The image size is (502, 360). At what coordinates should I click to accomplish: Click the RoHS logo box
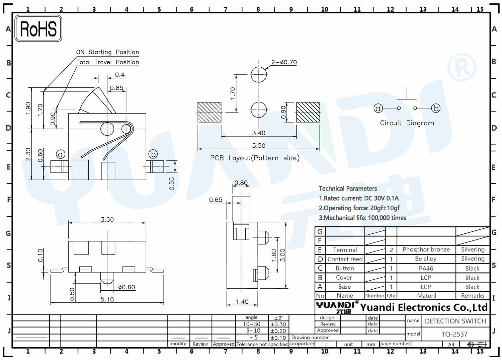pyautogui.click(x=38, y=28)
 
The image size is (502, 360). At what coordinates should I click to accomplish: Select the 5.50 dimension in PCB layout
pyautogui.click(x=259, y=146)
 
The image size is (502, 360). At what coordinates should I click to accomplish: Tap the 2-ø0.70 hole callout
pyautogui.click(x=284, y=62)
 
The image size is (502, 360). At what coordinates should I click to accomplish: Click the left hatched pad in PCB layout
pyautogui.click(x=209, y=112)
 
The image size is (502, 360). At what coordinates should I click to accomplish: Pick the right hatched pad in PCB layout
pyautogui.click(x=308, y=112)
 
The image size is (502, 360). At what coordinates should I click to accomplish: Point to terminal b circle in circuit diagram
pyautogui.click(x=436, y=108)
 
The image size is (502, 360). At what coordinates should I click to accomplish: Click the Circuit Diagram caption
pyautogui.click(x=407, y=123)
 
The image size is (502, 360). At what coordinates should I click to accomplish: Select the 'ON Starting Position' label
pyautogui.click(x=107, y=52)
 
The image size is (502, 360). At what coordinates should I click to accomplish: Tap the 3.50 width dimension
pyautogui.click(x=107, y=219)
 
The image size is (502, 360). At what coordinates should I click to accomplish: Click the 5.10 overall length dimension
pyautogui.click(x=107, y=299)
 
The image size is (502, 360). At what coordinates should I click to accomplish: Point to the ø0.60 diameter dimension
pyautogui.click(x=127, y=287)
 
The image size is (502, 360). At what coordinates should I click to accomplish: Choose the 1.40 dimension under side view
pyautogui.click(x=242, y=302)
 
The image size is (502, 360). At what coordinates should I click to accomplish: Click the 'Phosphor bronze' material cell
pyautogui.click(x=426, y=249)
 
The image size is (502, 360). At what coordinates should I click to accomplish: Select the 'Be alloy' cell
pyautogui.click(x=426, y=259)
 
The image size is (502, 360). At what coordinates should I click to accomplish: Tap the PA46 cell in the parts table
pyautogui.click(x=426, y=268)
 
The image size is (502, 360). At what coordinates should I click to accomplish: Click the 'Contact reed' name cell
pyautogui.click(x=345, y=259)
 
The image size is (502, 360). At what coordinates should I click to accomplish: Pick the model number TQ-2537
pyautogui.click(x=454, y=334)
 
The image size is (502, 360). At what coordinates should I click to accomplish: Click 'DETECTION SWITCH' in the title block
pyautogui.click(x=455, y=321)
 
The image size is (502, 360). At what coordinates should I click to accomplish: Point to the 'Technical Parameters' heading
pyautogui.click(x=348, y=189)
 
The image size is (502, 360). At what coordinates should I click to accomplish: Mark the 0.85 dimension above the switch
pyautogui.click(x=116, y=88)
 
